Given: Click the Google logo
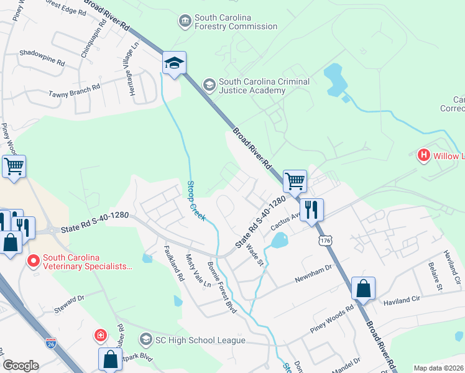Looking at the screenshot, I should point(21,366).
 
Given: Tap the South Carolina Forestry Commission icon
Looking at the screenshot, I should point(185,22).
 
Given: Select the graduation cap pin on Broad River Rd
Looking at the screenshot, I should point(174,63).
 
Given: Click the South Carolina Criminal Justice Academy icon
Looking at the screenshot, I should point(209,84).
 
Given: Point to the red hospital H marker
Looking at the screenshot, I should point(424,155).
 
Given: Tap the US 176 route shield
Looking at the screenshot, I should point(323,239).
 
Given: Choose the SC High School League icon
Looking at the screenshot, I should point(146,339).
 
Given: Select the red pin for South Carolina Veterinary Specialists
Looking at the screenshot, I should point(33,261).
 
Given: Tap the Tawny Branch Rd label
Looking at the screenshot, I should point(75,92).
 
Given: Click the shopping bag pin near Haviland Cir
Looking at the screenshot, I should point(363,289).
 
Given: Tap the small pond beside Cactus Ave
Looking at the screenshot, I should point(280,239).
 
